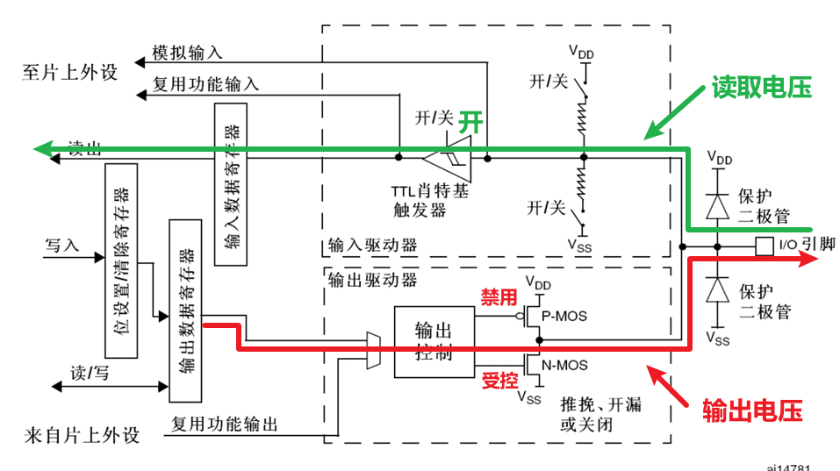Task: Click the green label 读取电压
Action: tap(760, 88)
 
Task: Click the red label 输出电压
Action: tap(752, 409)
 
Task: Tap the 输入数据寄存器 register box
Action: tap(232, 184)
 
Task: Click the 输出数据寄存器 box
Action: tap(185, 306)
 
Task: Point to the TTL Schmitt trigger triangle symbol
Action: tap(447, 159)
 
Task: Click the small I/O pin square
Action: tap(764, 246)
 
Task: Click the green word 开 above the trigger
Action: tap(471, 122)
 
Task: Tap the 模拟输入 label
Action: tap(188, 53)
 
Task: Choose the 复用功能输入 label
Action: tap(205, 85)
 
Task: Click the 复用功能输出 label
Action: tap(225, 425)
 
